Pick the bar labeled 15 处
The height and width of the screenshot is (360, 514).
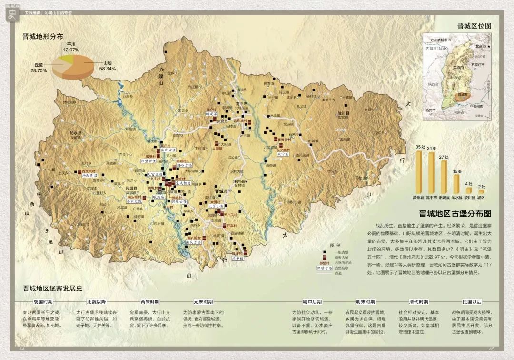pos(456,185)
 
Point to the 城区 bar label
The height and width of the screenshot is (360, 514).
pos(481,197)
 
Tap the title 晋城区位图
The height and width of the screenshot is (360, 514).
pos(474,26)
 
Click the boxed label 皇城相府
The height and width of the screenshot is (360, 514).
pos(183,183)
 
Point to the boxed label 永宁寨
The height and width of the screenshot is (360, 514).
pos(283,154)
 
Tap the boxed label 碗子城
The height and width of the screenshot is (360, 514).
pos(237,259)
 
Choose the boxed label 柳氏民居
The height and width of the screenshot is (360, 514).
pos(89,176)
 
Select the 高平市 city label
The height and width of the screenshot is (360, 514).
pos(242,103)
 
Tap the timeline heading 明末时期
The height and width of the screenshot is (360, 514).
pos(365,302)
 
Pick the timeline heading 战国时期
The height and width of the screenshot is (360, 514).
pos(43,302)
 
